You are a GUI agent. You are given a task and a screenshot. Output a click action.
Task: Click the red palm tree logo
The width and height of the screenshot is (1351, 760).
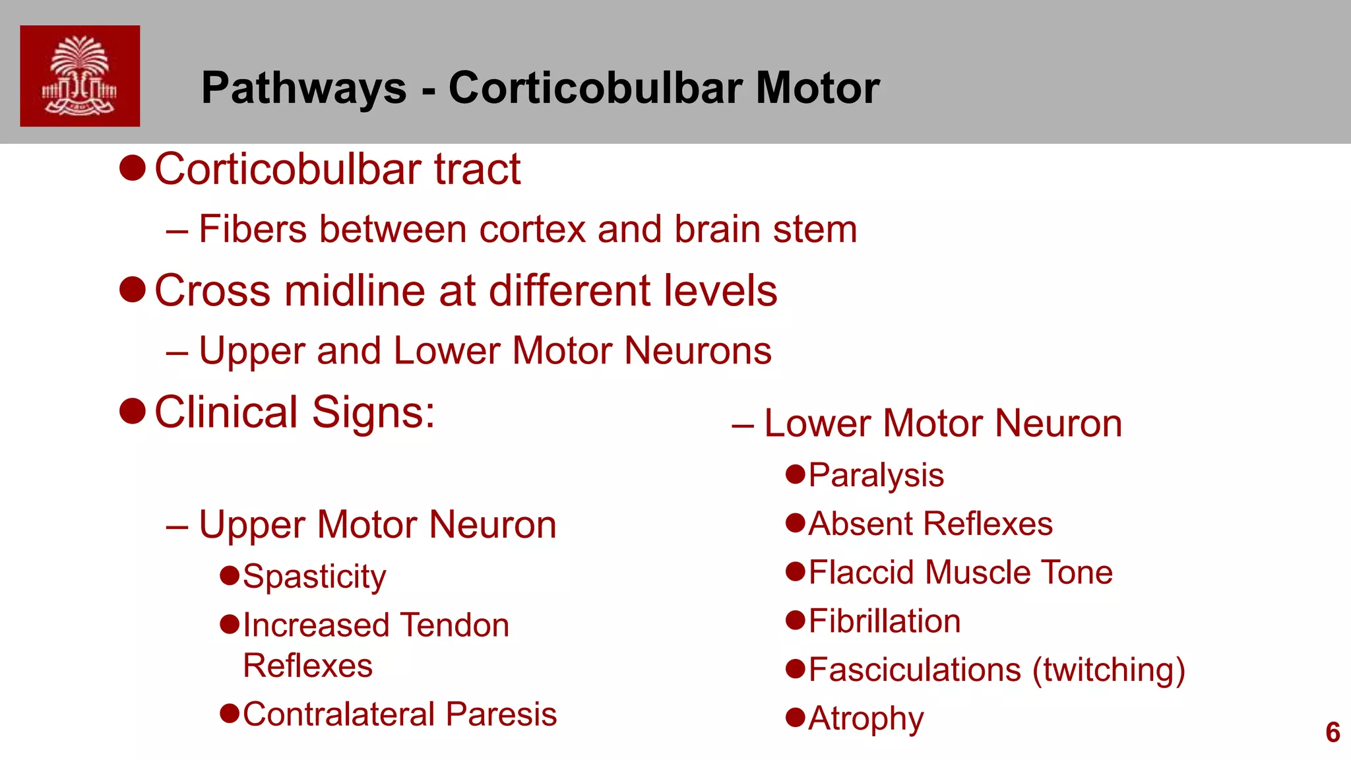(x=80, y=76)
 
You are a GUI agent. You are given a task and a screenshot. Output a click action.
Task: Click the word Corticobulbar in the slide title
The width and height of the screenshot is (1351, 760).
(x=596, y=88)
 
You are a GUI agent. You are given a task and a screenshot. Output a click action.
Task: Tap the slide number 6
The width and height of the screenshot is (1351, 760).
(x=1333, y=732)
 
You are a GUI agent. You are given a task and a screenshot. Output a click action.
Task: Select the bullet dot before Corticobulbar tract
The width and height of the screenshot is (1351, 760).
(x=133, y=168)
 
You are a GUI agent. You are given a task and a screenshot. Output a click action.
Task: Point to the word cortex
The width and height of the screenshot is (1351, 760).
(x=532, y=230)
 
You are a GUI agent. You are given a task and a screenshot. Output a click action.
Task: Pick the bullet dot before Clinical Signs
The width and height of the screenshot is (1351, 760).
(x=133, y=411)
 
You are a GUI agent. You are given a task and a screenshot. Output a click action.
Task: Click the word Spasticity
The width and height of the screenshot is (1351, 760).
(x=315, y=577)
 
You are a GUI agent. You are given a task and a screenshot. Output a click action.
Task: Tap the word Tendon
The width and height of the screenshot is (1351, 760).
(x=455, y=625)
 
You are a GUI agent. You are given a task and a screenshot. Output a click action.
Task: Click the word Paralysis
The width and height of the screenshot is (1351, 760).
(x=876, y=476)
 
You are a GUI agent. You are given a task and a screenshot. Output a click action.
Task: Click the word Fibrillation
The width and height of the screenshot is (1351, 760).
(x=885, y=621)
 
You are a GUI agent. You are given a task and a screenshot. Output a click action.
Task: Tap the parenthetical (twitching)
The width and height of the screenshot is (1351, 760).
(x=1109, y=670)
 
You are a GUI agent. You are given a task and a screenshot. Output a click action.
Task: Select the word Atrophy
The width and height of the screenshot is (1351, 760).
(x=866, y=718)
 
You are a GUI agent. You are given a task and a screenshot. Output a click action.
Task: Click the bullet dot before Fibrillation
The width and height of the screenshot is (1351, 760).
(x=796, y=620)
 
